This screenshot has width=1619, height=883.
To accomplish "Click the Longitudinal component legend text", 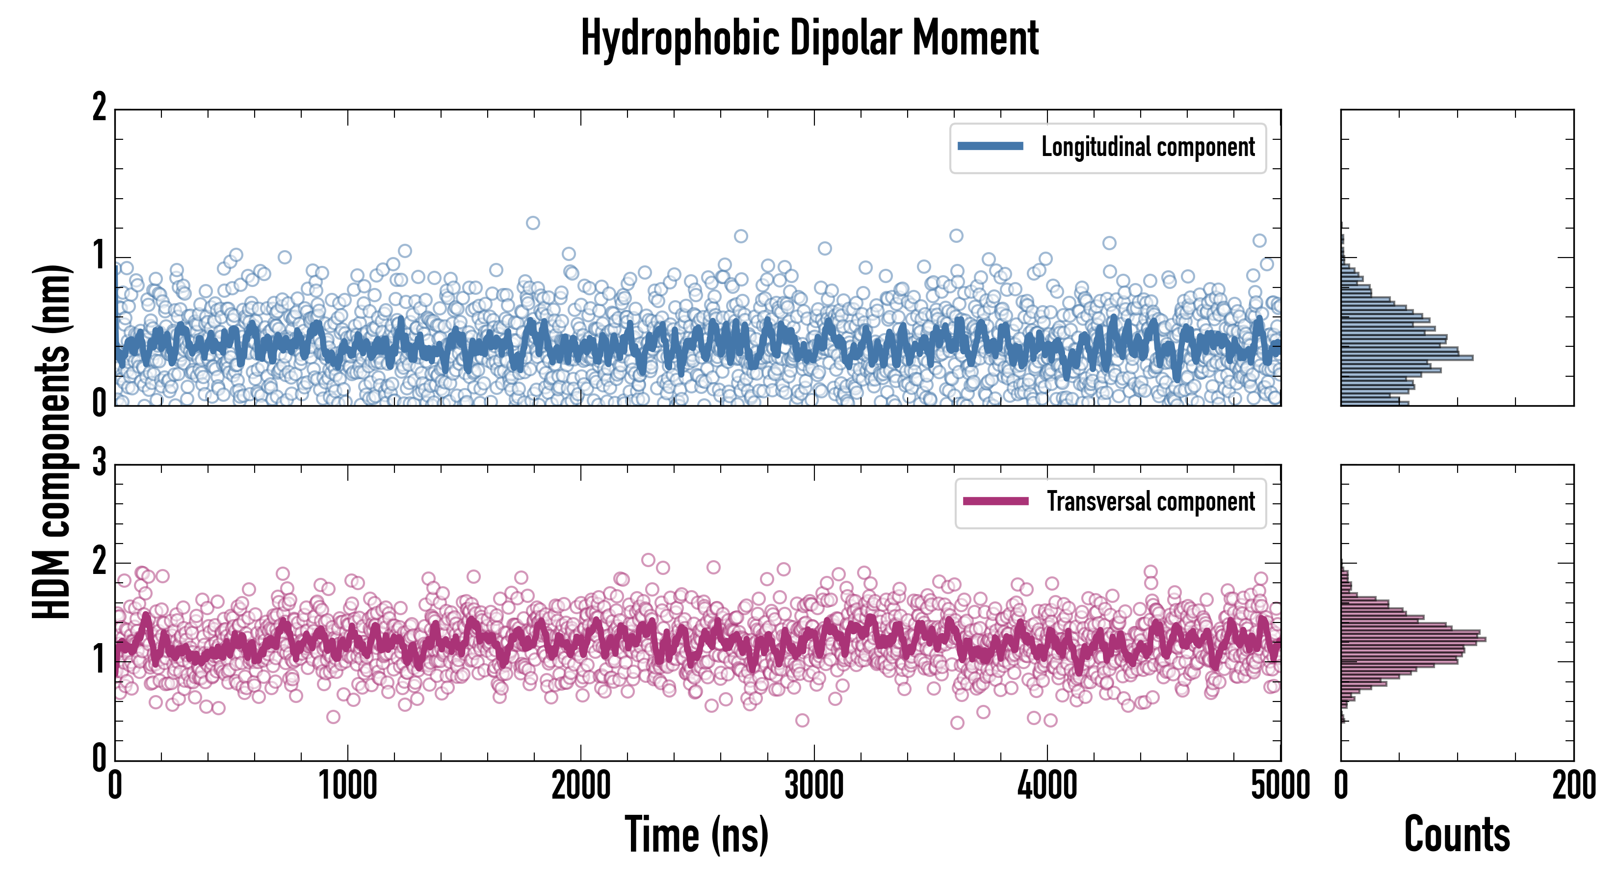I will (1148, 147).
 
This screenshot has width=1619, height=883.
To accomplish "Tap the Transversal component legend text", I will (1151, 501).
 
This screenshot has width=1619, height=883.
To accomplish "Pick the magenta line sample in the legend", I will (995, 501).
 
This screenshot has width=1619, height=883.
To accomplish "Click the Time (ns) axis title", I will (696, 834).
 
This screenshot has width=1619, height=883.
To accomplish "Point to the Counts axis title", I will (1457, 834).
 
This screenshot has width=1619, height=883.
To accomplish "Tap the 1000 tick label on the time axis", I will (347, 785).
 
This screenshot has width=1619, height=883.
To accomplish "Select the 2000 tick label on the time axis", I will (581, 785).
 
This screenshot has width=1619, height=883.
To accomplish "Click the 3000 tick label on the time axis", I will (814, 785).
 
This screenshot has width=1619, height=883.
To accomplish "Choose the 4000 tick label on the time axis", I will (1047, 785).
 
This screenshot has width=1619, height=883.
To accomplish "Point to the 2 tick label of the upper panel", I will (99, 108).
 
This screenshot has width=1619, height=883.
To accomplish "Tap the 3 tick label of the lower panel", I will (99, 463).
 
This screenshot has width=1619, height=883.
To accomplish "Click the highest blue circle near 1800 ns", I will (533, 223).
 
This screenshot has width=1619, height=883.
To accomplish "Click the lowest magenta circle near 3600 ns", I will (957, 723).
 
